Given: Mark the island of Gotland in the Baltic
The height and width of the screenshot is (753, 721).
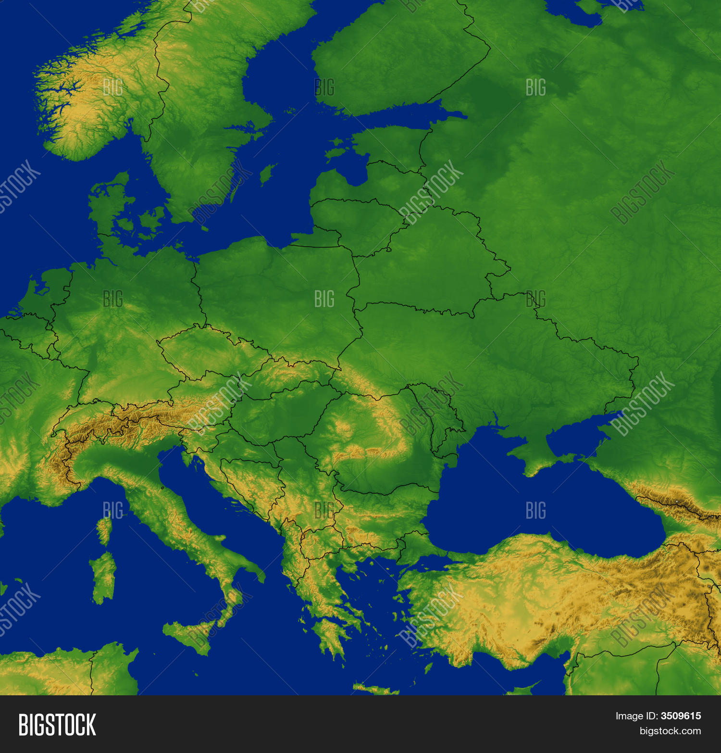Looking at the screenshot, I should tap(267, 174).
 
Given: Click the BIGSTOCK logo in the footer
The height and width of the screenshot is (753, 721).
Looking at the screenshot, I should tap(57, 725).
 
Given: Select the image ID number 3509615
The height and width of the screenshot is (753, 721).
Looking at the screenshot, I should tap(681, 716).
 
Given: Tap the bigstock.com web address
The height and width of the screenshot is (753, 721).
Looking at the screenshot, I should tap(670, 731).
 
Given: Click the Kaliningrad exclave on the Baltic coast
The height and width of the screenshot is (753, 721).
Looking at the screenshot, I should tap(317, 238).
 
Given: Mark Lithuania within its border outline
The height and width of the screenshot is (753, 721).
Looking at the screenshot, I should tap(356, 224).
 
